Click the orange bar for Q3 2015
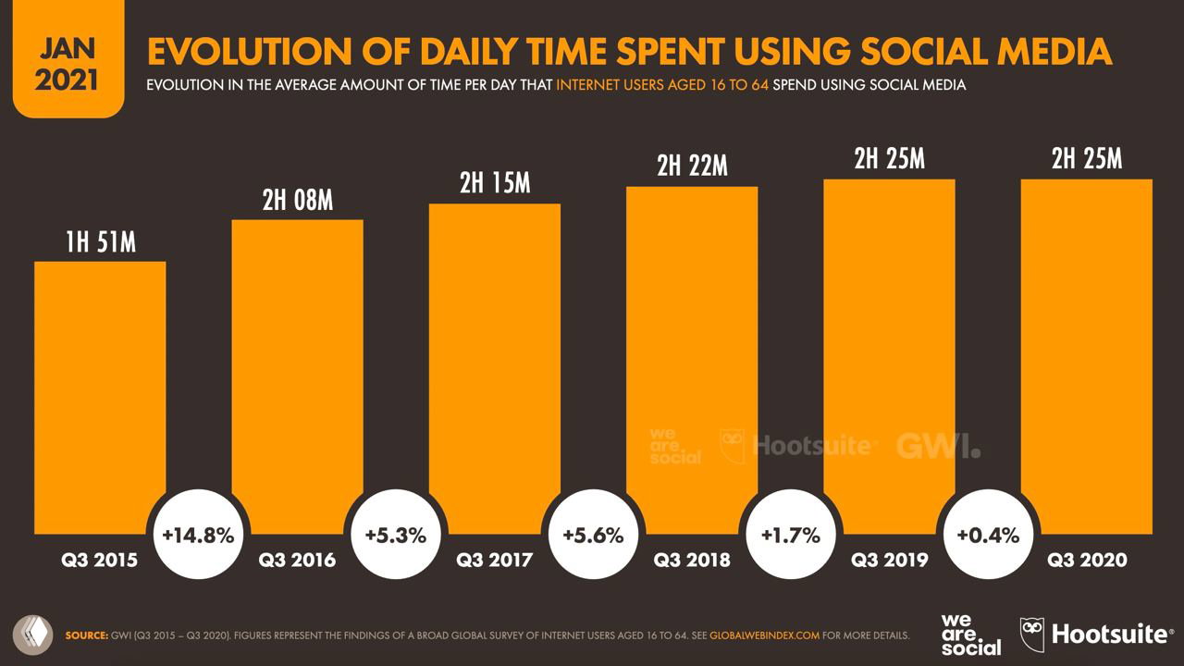[x=100, y=398]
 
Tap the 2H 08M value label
[x=297, y=199]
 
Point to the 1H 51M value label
[x=100, y=242]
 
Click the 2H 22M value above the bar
[x=692, y=166]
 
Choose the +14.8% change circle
[x=198, y=535]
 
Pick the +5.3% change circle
[x=395, y=535]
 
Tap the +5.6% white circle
[x=593, y=535]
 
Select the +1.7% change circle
[x=790, y=535]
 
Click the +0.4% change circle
[x=987, y=535]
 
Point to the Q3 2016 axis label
[x=297, y=560]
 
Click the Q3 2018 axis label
[x=692, y=560]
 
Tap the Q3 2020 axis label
[x=1087, y=560]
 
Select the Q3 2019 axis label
[x=889, y=560]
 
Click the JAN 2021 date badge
[x=67, y=63]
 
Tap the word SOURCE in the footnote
[x=85, y=635]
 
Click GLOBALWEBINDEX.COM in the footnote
[x=765, y=635]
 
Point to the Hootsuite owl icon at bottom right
[x=1031, y=634]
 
